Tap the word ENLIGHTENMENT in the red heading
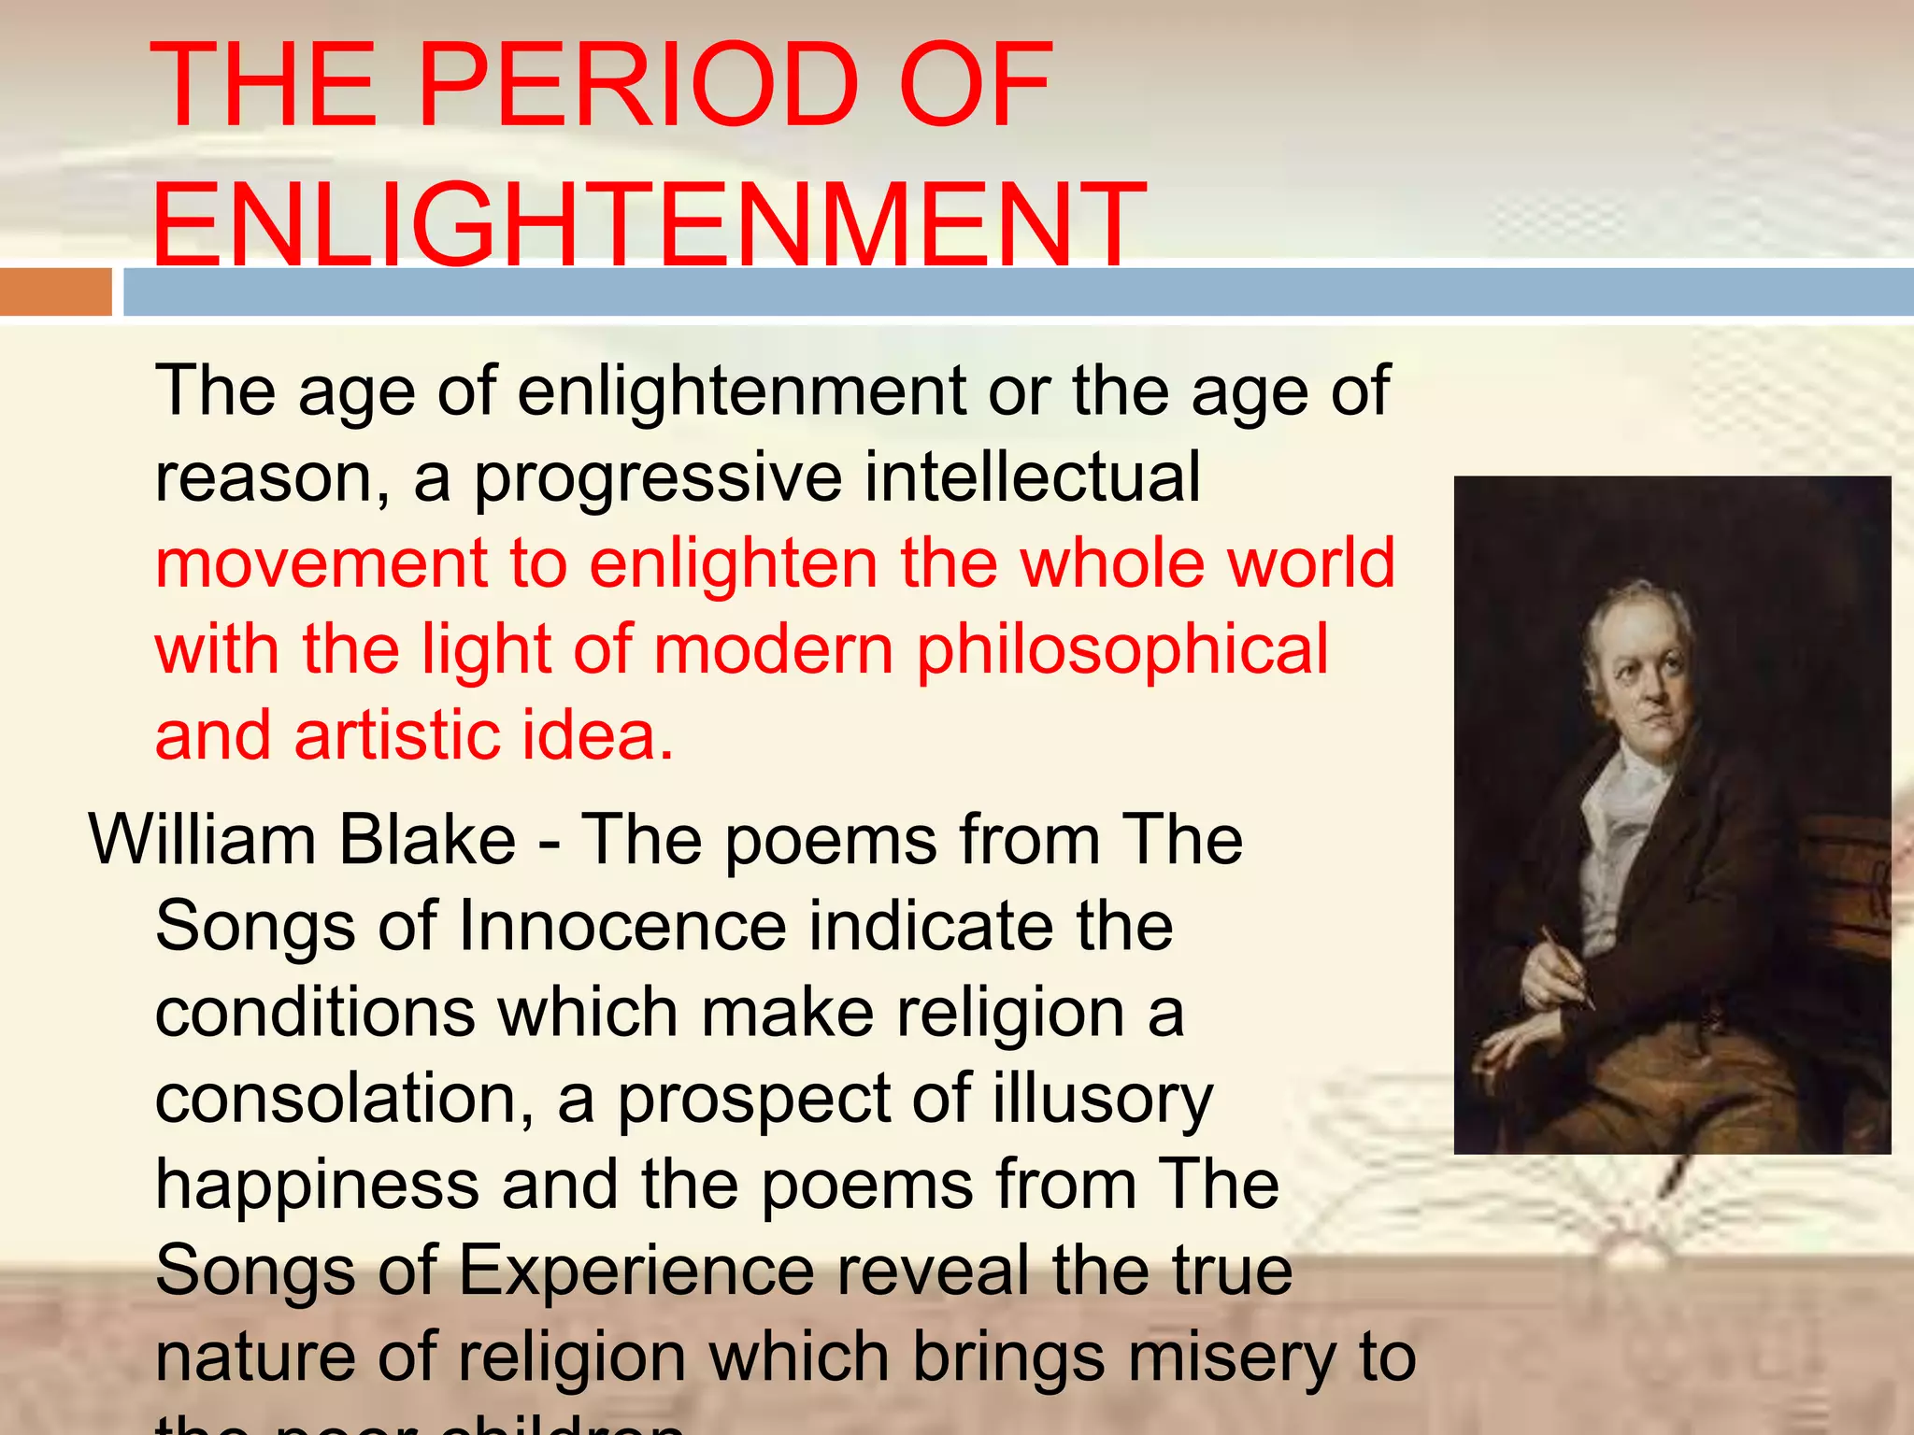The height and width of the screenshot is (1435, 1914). (648, 225)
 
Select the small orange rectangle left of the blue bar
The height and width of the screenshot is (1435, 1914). (55, 291)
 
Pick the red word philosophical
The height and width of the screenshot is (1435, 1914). (1121, 649)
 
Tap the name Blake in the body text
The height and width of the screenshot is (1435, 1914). (426, 840)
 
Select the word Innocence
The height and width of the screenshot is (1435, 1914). (622, 926)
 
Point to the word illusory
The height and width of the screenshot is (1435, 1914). (1102, 1099)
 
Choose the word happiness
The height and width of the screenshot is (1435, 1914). (317, 1185)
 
